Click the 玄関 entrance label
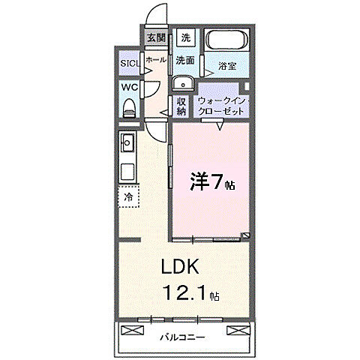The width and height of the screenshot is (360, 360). click(x=156, y=37)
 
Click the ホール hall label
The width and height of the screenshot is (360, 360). click(x=156, y=58)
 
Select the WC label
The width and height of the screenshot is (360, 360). click(x=129, y=87)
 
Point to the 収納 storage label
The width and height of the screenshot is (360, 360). click(x=181, y=105)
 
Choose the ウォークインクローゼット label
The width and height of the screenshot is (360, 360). click(x=223, y=104)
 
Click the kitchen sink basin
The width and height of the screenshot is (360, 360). click(x=127, y=142)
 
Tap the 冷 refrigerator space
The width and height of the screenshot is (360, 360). click(x=128, y=196)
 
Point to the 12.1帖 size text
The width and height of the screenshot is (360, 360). click(x=187, y=294)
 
